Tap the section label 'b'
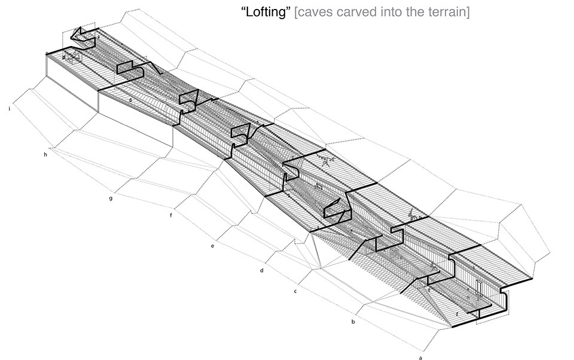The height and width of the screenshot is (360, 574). tap(353, 322)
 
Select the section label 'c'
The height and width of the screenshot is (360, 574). tap(295, 291)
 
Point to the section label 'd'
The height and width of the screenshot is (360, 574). tap(262, 271)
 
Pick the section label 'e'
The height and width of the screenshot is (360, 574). tap(212, 246)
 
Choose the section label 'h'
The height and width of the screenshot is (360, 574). tap(45, 155)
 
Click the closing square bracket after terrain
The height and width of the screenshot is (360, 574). tap(467, 13)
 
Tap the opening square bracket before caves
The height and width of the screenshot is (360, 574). tap(297, 13)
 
